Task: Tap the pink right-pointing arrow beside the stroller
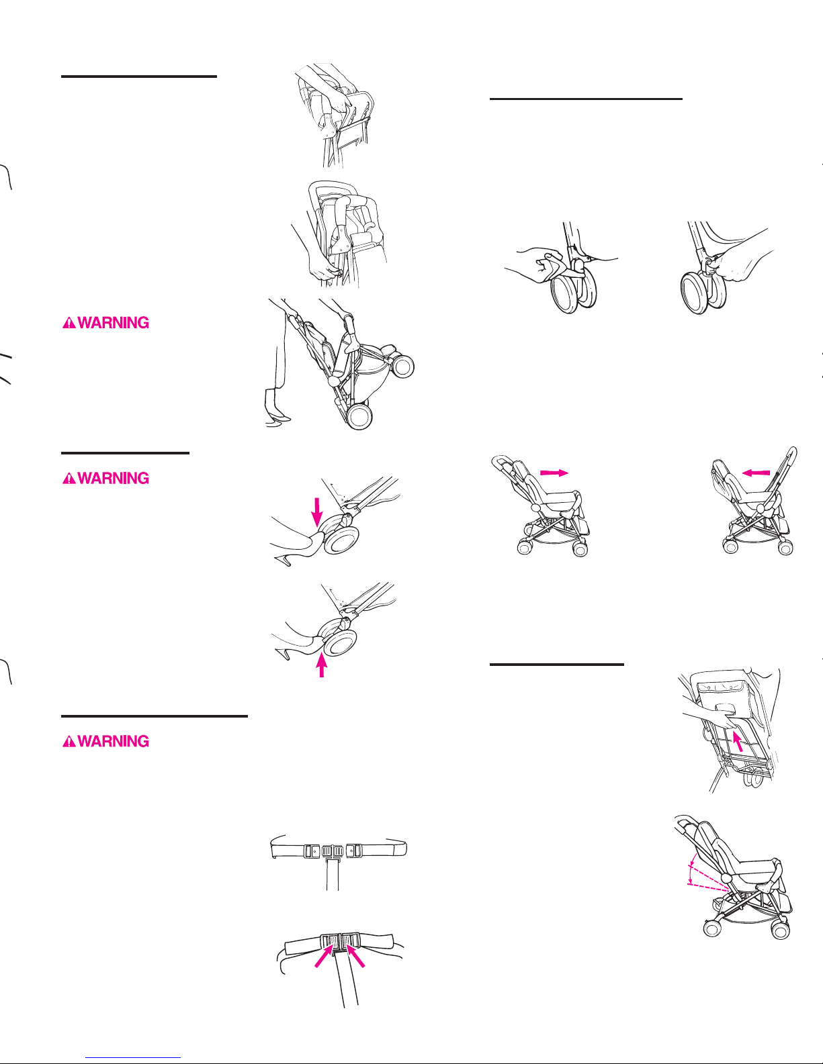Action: (x=554, y=473)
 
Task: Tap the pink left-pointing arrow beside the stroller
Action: (x=755, y=473)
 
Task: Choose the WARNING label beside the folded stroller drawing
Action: (x=106, y=323)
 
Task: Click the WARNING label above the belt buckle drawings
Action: (x=106, y=742)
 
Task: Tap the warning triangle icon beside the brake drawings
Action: (x=69, y=479)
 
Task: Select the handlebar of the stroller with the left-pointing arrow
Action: (x=793, y=457)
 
